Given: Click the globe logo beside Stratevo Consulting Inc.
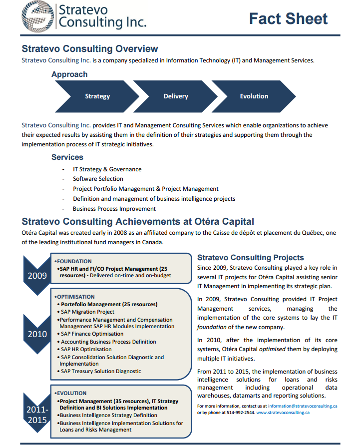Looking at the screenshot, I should (38, 17).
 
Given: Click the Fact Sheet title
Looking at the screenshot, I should (289, 19).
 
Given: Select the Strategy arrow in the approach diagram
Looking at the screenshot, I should (97, 96).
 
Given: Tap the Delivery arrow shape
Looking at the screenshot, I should (176, 96).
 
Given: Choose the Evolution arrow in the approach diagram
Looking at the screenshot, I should (254, 96).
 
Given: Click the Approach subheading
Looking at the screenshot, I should (69, 74).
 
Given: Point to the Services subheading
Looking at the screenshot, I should (67, 157).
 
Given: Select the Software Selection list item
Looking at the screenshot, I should (98, 179).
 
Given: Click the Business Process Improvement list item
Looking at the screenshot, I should (114, 209).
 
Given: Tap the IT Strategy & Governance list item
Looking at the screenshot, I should (107, 169).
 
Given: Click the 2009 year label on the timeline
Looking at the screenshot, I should (37, 275).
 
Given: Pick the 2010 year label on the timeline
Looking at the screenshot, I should (37, 334).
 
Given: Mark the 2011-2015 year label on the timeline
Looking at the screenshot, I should (37, 415).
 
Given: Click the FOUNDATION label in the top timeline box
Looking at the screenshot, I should (74, 261).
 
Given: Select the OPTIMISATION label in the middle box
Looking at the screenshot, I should (75, 297).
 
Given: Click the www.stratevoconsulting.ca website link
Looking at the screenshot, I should (283, 413).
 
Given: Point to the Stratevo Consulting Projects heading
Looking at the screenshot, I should (251, 258).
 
